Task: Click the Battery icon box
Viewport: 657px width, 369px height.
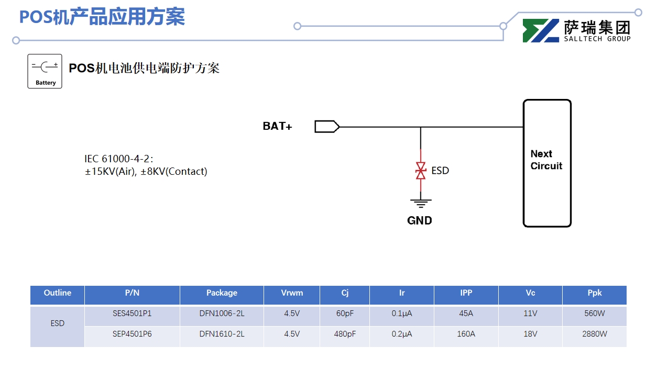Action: (x=45, y=71)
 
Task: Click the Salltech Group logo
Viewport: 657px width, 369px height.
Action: (x=576, y=31)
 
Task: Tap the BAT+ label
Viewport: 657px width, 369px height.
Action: (x=277, y=127)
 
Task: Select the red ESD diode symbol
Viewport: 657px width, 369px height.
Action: (x=421, y=171)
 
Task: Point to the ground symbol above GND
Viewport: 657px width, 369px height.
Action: (x=421, y=202)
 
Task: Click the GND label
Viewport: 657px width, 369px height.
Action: (x=420, y=221)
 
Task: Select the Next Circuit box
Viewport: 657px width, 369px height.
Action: (x=547, y=163)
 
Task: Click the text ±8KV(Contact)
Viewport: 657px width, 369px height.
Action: (x=174, y=172)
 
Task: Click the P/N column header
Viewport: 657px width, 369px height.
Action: (x=132, y=293)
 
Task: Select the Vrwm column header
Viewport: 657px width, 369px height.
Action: (x=292, y=293)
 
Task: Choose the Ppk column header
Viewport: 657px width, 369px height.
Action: (x=594, y=293)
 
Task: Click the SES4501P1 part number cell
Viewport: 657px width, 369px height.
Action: (x=132, y=314)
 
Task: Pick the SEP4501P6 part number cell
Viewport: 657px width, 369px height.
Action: (x=132, y=334)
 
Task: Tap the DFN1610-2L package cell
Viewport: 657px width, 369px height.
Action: (x=222, y=334)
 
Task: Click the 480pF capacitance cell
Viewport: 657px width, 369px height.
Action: (x=345, y=334)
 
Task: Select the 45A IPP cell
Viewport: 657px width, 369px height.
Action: (x=466, y=314)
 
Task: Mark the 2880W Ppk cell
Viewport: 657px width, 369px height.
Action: (x=594, y=334)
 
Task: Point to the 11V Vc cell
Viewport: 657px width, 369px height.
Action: (x=530, y=314)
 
